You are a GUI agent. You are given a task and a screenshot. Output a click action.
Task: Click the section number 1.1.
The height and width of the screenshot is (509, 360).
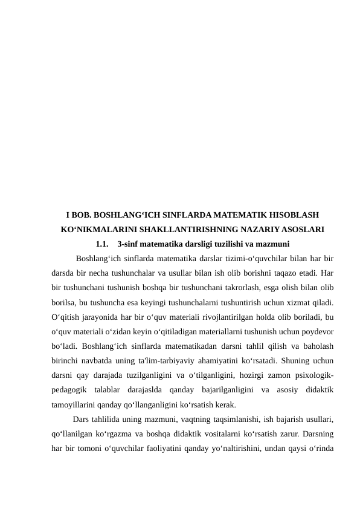[x=103, y=244]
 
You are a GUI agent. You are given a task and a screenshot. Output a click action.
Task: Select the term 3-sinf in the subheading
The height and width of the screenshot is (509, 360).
[x=129, y=244]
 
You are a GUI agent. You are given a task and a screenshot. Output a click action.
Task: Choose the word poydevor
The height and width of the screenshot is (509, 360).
[x=317, y=331]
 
